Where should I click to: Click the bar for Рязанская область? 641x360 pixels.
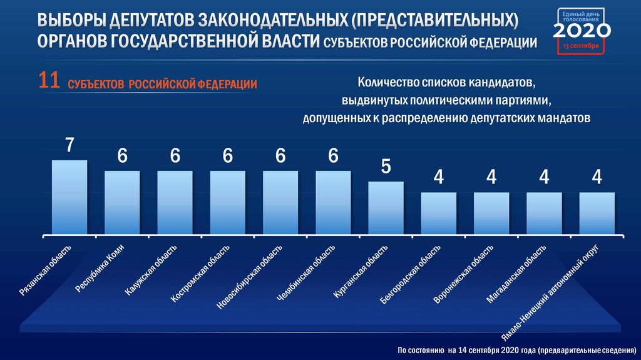pyautogui.click(x=69, y=198)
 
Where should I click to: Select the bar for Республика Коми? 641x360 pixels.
pyautogui.click(x=122, y=203)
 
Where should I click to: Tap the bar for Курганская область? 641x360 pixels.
pyautogui.click(x=386, y=208)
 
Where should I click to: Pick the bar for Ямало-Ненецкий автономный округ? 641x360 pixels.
pyautogui.click(x=597, y=213)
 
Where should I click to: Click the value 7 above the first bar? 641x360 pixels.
pyautogui.click(x=69, y=145)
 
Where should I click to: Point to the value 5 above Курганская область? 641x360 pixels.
pyautogui.click(x=386, y=167)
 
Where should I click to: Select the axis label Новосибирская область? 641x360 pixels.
pyautogui.click(x=245, y=276)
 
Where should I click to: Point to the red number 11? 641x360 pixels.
pyautogui.click(x=49, y=81)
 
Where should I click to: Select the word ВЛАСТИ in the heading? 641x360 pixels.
pyautogui.click(x=289, y=42)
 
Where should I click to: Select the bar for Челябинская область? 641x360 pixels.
pyautogui.click(x=333, y=203)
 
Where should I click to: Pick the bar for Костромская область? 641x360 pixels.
pyautogui.click(x=228, y=203)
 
